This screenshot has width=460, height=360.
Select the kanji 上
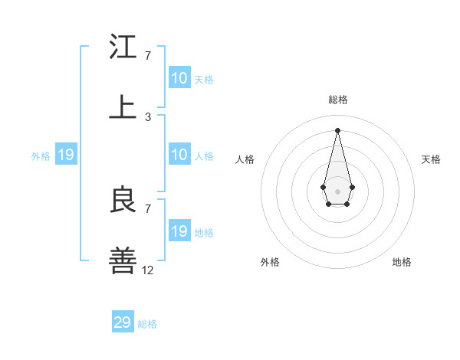click(x=123, y=106)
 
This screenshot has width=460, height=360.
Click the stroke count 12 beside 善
click(x=148, y=270)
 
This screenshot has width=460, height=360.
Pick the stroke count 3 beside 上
click(x=147, y=116)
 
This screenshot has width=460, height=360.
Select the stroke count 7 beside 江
click(x=147, y=56)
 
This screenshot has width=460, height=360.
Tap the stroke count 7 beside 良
click(x=147, y=208)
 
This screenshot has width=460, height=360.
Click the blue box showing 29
click(x=123, y=322)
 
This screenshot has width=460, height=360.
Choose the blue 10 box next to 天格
click(x=179, y=78)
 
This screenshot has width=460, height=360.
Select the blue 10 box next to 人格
click(x=179, y=155)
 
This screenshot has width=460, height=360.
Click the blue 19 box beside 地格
click(x=179, y=231)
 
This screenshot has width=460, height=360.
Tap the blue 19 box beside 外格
click(x=66, y=155)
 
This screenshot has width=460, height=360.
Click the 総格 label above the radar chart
click(x=338, y=100)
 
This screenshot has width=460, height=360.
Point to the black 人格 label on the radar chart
click(x=245, y=159)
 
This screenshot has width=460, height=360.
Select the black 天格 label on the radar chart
click(x=431, y=159)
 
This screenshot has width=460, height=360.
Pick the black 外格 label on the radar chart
click(x=270, y=262)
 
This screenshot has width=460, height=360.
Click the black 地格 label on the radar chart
click(x=402, y=262)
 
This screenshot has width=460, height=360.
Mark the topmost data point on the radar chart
click(x=337, y=129)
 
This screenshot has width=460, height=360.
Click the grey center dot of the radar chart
click(x=337, y=190)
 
